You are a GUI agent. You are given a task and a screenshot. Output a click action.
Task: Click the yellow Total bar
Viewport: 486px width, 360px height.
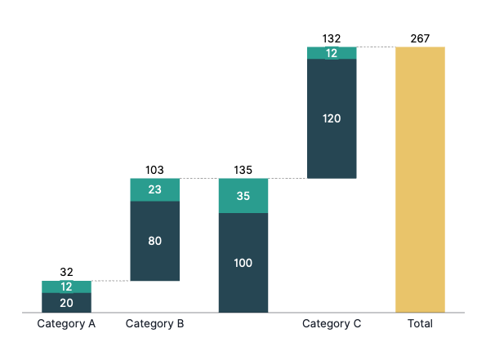pos(420,180)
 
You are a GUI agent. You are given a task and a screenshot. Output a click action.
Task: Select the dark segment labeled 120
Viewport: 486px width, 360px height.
pos(332,118)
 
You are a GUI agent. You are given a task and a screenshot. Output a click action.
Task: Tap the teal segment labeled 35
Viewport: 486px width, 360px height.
pos(243,196)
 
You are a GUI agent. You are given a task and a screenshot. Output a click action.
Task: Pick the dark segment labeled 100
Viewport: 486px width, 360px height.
pos(243,263)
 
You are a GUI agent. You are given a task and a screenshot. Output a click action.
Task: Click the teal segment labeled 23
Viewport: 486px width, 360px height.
pos(155,190)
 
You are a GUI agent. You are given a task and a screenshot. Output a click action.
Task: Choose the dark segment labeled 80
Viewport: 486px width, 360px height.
pos(155,241)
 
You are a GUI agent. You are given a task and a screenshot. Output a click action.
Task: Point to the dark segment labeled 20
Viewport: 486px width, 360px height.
pos(67,303)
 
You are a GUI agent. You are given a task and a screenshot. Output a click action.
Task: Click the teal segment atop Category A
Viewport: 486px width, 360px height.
pos(67,287)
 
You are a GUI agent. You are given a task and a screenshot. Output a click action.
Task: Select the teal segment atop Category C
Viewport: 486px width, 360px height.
pos(332,53)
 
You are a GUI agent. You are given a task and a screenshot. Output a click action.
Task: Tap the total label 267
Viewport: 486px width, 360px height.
pos(420,38)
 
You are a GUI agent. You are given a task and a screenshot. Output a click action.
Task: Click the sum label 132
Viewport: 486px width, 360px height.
pos(332,38)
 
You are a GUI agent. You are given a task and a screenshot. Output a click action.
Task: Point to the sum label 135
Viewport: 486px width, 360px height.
pos(243,170)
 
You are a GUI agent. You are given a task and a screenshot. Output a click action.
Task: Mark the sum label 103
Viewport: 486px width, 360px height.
pos(154,170)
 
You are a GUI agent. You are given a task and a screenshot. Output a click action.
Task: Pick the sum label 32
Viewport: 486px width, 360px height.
pos(67,272)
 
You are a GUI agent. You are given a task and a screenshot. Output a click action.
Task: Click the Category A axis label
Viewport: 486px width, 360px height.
pos(66,324)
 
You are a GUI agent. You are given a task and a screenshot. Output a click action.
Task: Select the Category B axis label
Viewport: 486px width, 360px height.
pos(154,324)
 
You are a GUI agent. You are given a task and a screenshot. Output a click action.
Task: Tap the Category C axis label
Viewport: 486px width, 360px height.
pos(332,324)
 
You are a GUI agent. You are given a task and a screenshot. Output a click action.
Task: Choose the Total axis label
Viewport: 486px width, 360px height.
pos(420,323)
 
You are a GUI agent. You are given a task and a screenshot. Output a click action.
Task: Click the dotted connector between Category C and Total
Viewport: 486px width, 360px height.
pos(376,47)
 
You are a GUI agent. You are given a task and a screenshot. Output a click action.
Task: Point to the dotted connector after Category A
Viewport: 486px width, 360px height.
pos(111,281)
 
